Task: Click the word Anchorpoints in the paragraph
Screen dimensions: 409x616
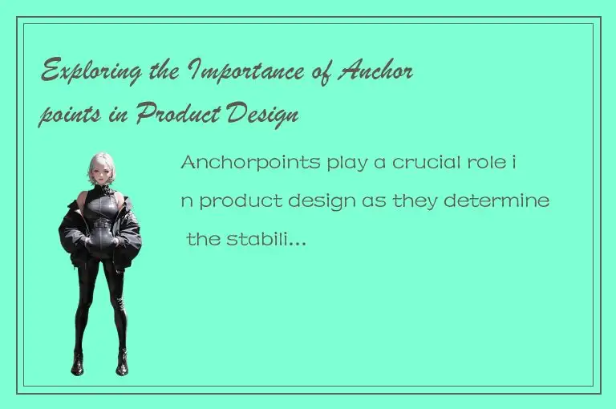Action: tap(250, 163)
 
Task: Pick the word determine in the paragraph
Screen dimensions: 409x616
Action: tap(507, 200)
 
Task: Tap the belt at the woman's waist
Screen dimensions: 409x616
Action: tap(100, 229)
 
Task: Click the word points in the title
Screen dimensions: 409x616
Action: tap(66, 116)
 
